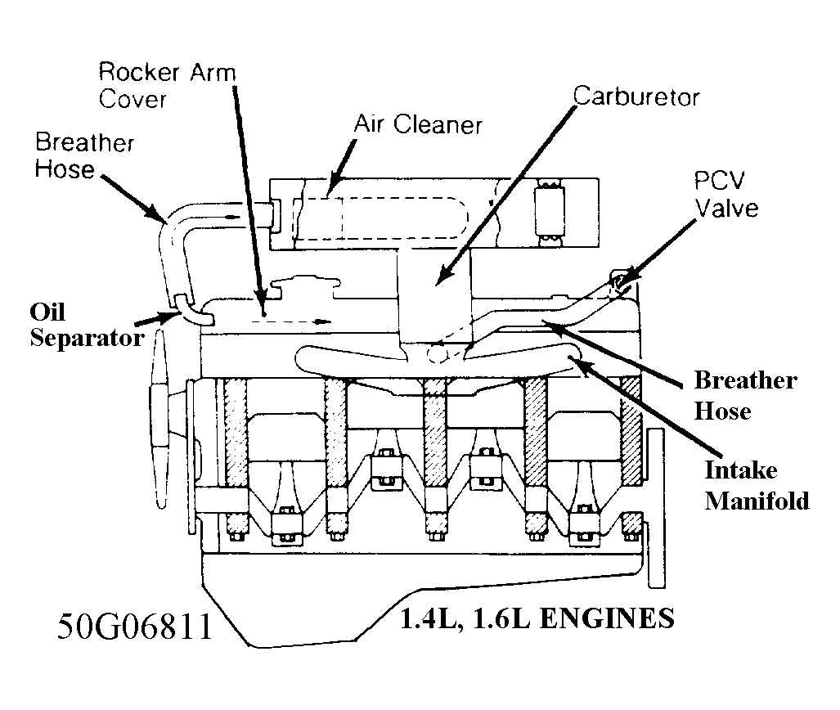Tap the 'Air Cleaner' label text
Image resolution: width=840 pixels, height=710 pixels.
click(x=418, y=125)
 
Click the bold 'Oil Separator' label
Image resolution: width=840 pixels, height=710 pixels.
click(x=85, y=325)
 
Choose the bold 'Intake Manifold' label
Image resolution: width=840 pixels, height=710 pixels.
click(x=757, y=485)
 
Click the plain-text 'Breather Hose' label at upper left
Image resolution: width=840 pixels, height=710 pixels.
click(x=84, y=156)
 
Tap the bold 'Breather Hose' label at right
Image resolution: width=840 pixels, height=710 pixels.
click(x=745, y=395)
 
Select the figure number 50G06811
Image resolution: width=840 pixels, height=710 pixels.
click(x=135, y=627)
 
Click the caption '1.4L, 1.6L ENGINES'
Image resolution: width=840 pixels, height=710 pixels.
click(x=537, y=618)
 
